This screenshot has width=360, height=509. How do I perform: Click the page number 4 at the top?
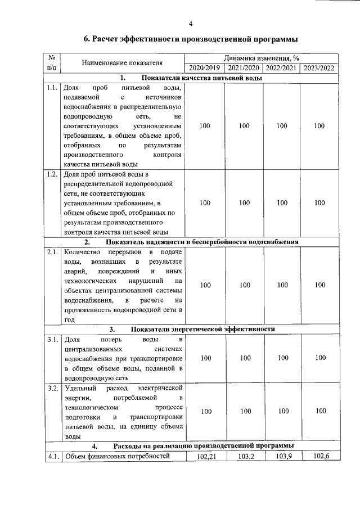191,23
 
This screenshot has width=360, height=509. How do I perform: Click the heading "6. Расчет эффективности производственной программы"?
191,39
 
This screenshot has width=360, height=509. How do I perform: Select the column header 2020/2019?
205,68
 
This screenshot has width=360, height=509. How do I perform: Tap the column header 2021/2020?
244,68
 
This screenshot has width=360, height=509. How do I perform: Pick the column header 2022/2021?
281,68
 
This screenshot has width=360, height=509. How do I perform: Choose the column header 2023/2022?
319,68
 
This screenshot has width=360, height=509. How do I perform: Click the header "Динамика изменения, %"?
261,58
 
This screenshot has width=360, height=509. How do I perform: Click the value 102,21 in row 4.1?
205,456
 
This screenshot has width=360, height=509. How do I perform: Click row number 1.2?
52,174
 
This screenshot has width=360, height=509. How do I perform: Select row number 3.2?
52,389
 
